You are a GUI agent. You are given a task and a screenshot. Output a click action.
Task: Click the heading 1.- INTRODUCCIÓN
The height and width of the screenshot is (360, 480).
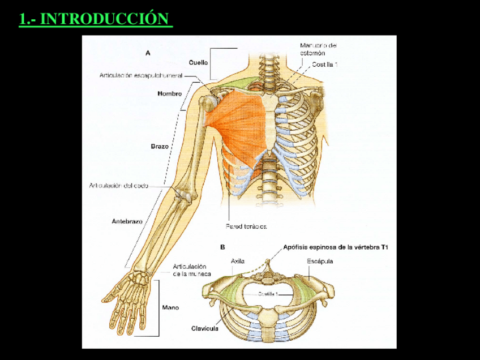point(95,19)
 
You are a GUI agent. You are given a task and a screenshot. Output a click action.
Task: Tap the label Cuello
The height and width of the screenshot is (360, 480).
point(199,62)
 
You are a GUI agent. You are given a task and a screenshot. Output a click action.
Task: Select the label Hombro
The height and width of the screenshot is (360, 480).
point(169,94)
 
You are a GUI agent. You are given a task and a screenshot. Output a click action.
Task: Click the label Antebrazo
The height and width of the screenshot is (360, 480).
point(127,221)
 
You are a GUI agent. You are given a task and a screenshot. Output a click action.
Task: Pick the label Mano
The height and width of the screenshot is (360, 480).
point(170,307)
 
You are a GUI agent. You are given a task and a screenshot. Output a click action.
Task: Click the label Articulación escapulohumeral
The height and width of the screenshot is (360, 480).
point(141,75)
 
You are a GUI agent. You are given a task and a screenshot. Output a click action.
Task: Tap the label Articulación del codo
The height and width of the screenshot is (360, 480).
point(119,185)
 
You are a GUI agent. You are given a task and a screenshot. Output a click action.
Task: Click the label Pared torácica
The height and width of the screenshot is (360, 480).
point(246,226)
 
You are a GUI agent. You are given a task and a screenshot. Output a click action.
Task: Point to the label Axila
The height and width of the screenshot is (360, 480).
point(238,261)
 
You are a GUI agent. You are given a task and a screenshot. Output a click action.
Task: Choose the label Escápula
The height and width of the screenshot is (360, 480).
point(320,261)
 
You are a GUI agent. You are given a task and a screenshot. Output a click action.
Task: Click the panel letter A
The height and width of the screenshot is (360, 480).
point(148,53)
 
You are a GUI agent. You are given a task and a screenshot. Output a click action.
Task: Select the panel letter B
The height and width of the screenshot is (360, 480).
point(222,247)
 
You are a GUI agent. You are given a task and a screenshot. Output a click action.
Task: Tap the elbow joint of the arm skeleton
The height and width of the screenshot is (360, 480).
point(183,194)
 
